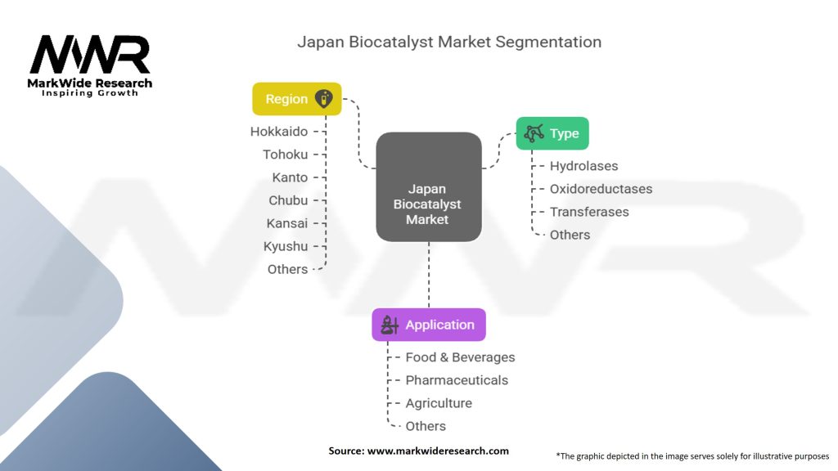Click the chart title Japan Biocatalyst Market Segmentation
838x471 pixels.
point(449,42)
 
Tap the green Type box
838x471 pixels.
point(552,133)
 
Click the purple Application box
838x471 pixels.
point(429,325)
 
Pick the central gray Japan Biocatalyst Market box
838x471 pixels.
point(428,186)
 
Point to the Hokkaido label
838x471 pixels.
point(279,131)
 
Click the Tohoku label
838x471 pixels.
point(285,154)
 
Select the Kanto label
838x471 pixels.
point(290,177)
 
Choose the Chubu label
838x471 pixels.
point(288,200)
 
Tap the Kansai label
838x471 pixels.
point(287,223)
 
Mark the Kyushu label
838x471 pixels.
point(286,246)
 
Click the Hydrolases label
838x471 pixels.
point(583,166)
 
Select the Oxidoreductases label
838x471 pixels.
point(601,189)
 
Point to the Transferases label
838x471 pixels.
point(589,212)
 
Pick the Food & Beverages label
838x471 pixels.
point(460,357)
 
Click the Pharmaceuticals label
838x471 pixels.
point(457,380)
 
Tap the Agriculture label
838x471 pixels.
point(439,403)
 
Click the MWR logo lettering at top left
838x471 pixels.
point(90,55)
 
